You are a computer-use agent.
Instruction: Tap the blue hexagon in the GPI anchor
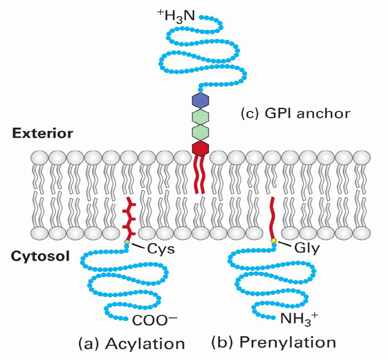pos(200,100)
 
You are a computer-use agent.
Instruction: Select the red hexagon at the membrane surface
pos(200,149)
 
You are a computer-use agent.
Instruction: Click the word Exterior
pos(43,134)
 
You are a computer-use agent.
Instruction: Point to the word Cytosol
pos(40,256)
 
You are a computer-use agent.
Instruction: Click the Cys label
pos(161,249)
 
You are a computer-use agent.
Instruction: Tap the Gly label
pos(307,248)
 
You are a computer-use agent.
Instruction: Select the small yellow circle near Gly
pos(273,241)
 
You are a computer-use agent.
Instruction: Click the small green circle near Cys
pos(127,242)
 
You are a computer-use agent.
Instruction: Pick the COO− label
pos(155,321)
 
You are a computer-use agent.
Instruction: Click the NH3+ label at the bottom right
pos(299,319)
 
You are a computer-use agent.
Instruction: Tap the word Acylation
pos(145,344)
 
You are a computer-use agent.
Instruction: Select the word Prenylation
pos(288,343)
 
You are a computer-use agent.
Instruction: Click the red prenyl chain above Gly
pos(273,217)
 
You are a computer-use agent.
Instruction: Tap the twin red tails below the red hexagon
pos(200,175)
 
